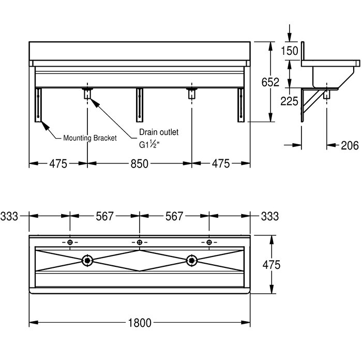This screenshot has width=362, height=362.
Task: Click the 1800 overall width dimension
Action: point(140,323)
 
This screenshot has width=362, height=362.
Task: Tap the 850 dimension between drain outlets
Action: point(140,164)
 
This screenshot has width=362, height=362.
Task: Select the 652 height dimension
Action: point(270,82)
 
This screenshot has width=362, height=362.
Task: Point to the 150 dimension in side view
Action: point(290,51)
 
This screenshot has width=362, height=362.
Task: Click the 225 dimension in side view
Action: point(290,101)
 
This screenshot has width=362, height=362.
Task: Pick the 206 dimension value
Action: point(350,145)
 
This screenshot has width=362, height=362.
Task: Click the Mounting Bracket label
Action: point(90,138)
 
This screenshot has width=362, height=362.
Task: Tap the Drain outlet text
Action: point(159,132)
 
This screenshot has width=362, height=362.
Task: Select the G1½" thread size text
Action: point(149,145)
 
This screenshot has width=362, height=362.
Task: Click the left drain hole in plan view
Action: point(87,261)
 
